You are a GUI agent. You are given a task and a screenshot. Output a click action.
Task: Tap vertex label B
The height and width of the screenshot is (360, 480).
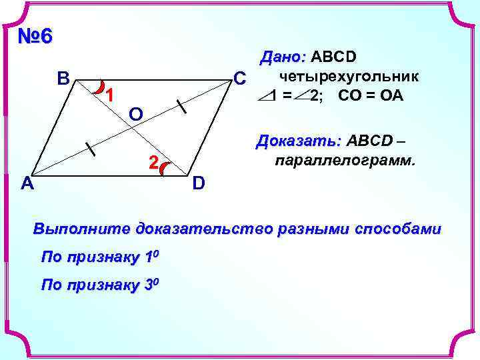[x=63, y=80]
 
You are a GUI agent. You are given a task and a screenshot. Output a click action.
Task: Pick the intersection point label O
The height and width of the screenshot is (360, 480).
[x=136, y=115]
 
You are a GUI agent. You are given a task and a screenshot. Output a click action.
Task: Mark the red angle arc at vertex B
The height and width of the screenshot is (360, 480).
[x=99, y=86]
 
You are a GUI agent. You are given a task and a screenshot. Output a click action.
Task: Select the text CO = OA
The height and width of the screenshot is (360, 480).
[x=371, y=95]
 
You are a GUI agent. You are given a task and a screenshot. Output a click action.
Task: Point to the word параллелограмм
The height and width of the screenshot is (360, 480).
[x=343, y=161]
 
